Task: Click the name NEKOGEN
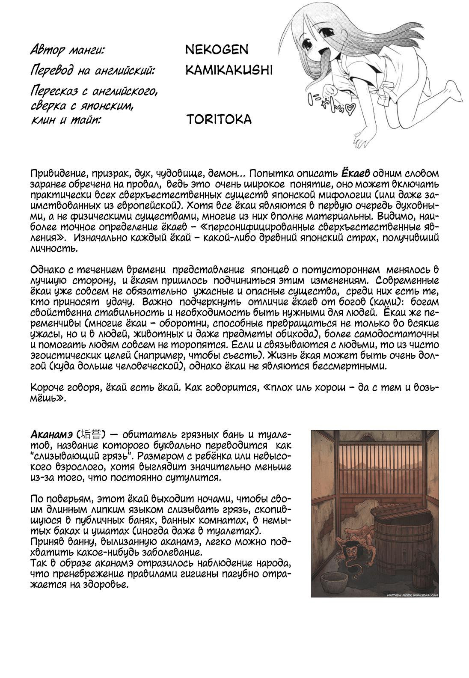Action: (217, 50)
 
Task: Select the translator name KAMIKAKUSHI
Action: (229, 71)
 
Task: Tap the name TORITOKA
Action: (219, 119)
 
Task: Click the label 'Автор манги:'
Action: (67, 51)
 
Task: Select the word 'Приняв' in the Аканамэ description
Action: (46, 539)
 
